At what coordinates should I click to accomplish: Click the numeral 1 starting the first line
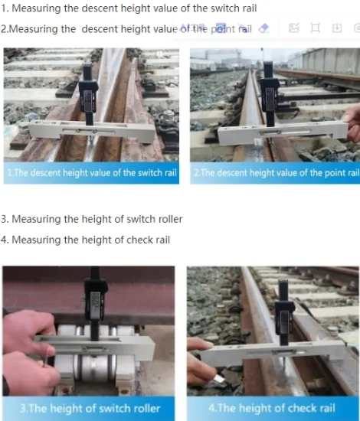click(4, 8)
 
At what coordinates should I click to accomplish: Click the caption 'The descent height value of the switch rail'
click(91, 173)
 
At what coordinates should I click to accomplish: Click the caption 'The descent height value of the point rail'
click(275, 173)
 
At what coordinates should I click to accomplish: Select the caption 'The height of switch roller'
click(89, 408)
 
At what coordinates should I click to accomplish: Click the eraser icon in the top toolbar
click(264, 28)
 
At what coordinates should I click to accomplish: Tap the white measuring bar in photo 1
click(92, 131)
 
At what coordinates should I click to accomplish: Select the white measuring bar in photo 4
click(276, 351)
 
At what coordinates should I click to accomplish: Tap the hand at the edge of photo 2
click(352, 122)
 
